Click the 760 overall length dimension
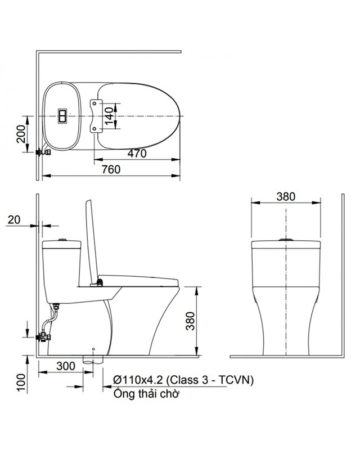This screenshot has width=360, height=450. [x=111, y=170]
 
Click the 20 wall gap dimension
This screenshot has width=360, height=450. [x=15, y=220]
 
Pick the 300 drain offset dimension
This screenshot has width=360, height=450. [x=65, y=366]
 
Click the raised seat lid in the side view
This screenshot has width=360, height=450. [x=91, y=242]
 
